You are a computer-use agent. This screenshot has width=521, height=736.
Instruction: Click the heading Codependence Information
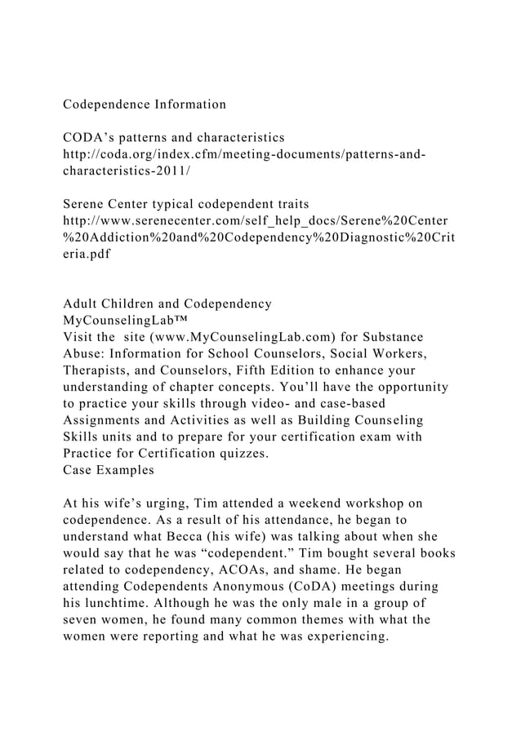coord(145,104)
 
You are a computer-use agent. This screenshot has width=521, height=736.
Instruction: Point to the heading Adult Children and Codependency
coord(167,304)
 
